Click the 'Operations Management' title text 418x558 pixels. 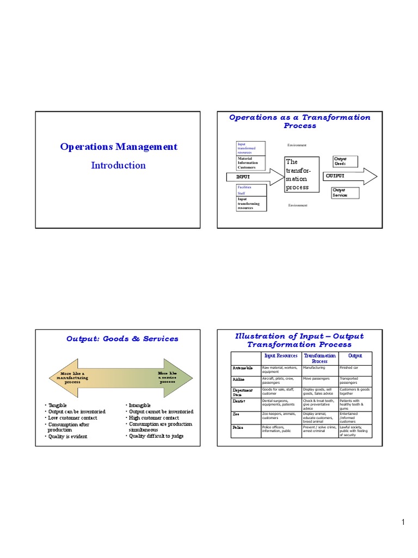coord(119,147)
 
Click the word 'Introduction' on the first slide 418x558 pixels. coord(118,165)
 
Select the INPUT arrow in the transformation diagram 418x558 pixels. coord(248,177)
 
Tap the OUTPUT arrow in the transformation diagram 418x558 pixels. coord(348,176)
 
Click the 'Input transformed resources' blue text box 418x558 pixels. coord(250,148)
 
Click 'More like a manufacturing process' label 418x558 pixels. coord(72,378)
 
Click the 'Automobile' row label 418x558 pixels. coord(243,368)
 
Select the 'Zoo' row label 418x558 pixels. coord(236,414)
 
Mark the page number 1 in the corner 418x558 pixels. coord(403,523)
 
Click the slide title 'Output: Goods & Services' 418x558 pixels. coord(122,338)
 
